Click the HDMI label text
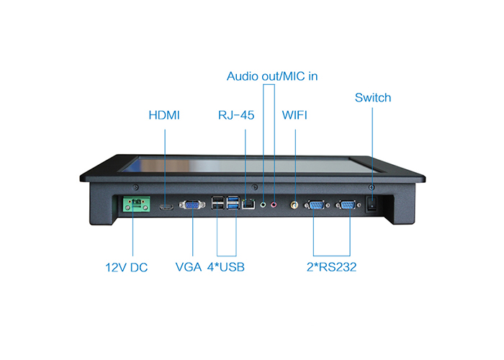pyautogui.click(x=164, y=115)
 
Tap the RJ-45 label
pyautogui.click(x=236, y=115)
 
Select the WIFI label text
pyautogui.click(x=294, y=115)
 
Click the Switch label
pyautogui.click(x=373, y=97)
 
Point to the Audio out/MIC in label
pyautogui.click(x=272, y=76)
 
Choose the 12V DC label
pyautogui.click(x=126, y=267)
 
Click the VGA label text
pyautogui.click(x=189, y=267)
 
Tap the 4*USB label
pyautogui.click(x=225, y=267)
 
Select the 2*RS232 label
pyautogui.click(x=331, y=267)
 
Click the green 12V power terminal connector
pyautogui.click(x=136, y=204)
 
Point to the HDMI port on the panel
pyautogui.click(x=166, y=207)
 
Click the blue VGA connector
pyautogui.click(x=192, y=204)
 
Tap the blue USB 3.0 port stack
pyautogui.click(x=233, y=202)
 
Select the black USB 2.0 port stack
pyautogui.click(x=218, y=202)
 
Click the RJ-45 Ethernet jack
pyautogui.click(x=248, y=204)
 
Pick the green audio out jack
pyautogui.click(x=263, y=204)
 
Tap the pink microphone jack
pyautogui.click(x=274, y=204)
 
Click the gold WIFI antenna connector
pyautogui.click(x=294, y=204)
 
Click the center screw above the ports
pyautogui.click(x=255, y=186)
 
